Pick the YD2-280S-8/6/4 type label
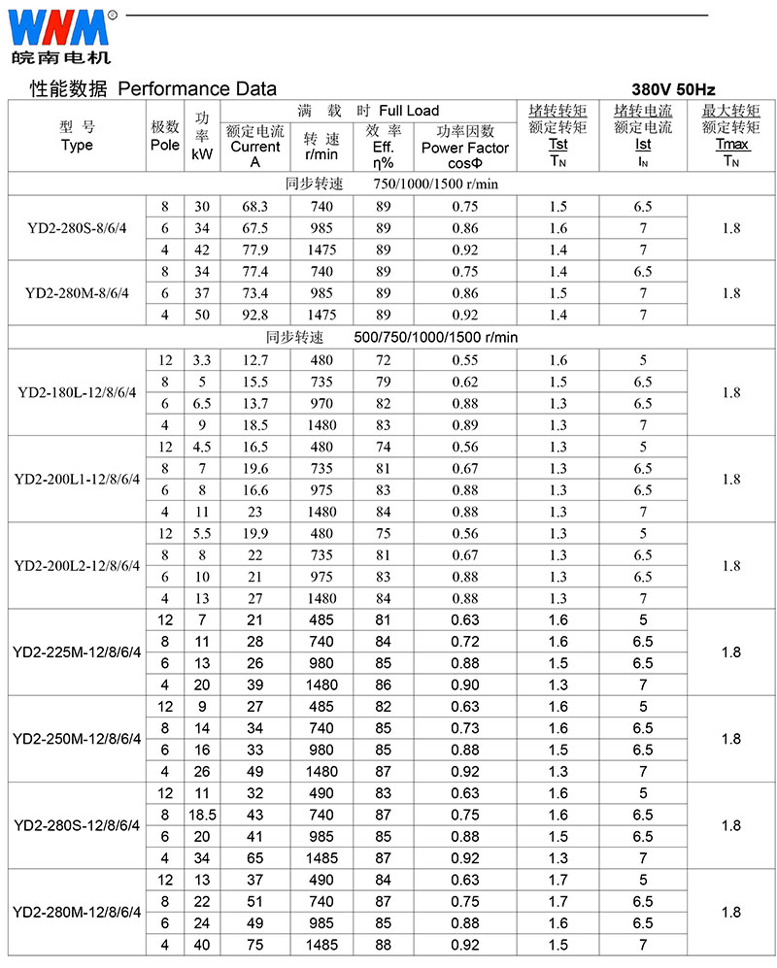coord(77,228)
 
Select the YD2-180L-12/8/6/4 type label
coord(77,392)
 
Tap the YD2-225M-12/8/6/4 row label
coord(77,651)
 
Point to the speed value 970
coord(321,403)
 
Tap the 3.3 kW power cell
coord(201,360)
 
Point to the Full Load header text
coord(409,111)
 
